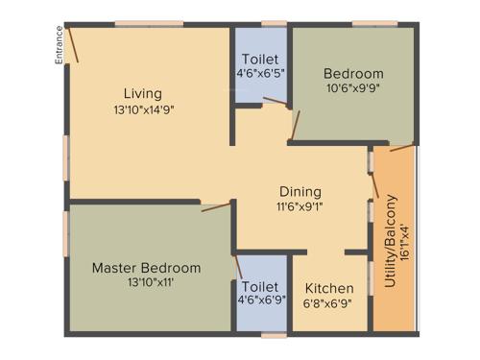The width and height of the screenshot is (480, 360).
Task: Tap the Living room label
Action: tap(142, 93)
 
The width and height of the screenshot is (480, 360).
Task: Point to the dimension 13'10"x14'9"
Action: tap(143, 108)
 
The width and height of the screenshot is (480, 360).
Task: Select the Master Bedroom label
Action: tap(146, 268)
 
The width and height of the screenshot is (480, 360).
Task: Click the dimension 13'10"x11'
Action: tap(146, 282)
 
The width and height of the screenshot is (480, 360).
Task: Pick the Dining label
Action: tap(300, 191)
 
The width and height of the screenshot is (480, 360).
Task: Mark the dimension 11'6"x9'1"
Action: tap(300, 206)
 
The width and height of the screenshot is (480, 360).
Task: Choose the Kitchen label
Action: tap(329, 288)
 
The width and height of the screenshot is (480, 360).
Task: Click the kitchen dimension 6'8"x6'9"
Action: tap(329, 303)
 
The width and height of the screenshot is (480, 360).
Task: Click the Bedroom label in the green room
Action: tap(353, 73)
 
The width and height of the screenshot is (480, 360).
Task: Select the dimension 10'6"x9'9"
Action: tap(353, 88)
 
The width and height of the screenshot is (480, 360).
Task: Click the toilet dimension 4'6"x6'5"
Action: tap(261, 74)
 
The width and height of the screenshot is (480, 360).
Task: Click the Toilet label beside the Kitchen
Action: tap(261, 287)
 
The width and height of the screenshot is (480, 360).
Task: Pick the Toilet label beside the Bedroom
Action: tap(261, 59)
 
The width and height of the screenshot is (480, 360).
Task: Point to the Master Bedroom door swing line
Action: tap(216, 206)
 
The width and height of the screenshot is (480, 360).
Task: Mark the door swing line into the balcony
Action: tap(401, 148)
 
